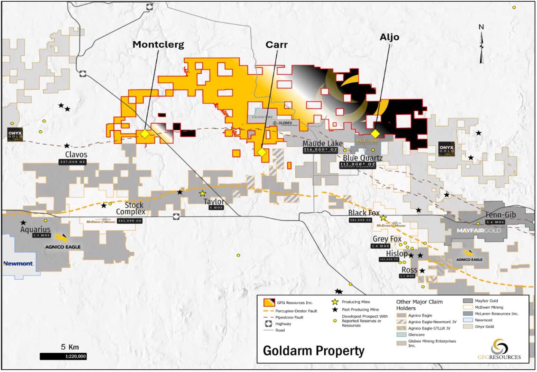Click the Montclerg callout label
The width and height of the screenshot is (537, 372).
coord(158,45)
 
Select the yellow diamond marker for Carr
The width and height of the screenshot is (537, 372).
coord(261,152)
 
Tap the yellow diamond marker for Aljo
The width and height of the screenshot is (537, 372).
coord(375,134)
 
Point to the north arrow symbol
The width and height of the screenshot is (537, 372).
coord(481,45)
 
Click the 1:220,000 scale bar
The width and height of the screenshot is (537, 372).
coord(63,356)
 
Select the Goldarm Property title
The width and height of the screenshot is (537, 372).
coord(314,351)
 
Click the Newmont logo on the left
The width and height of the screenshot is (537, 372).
coord(18,263)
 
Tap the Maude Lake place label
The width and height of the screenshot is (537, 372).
coord(323,143)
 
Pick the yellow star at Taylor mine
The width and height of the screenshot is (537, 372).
coord(203,194)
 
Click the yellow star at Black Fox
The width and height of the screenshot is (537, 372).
coord(383,218)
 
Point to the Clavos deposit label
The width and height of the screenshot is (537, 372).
coord(76,155)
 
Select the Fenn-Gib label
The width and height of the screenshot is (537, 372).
coord(500,215)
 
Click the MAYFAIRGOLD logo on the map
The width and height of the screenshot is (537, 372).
coord(479,230)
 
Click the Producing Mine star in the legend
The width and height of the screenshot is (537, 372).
coord(335,302)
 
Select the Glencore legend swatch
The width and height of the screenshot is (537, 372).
coord(401,335)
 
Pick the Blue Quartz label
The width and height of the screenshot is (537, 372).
coord(362,158)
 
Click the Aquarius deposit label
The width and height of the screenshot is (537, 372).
coord(35,229)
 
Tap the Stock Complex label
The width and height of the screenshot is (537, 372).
coord(131,208)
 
